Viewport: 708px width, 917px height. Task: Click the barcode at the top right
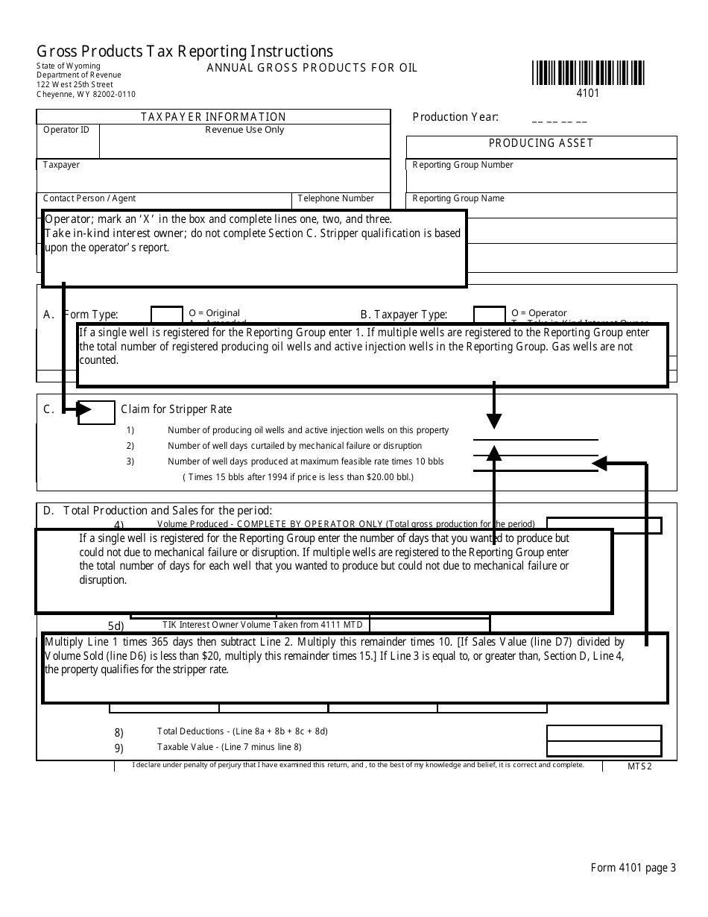coord(588,73)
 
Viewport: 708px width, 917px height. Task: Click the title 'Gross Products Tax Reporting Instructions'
coord(185,51)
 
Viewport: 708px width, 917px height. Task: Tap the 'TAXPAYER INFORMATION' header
coord(213,117)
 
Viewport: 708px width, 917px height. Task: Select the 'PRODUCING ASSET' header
coord(541,143)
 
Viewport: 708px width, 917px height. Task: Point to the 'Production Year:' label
coord(455,117)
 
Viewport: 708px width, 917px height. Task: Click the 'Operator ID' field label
coord(66,130)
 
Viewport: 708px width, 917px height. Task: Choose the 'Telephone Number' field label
coord(336,198)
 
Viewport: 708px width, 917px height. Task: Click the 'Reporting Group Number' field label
coord(463,165)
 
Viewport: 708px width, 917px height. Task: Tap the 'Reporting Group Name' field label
coord(458,198)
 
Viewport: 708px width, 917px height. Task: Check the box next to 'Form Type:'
coord(167,314)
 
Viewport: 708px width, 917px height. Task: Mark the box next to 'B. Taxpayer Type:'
coord(490,314)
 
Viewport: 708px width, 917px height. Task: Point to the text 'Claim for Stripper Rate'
coord(177,409)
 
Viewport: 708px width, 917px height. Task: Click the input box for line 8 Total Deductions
coord(604,732)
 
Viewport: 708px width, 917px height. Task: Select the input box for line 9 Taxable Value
coord(604,749)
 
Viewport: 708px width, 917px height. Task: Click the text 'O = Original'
coord(215,313)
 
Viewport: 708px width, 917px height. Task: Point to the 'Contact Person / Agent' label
coord(89,198)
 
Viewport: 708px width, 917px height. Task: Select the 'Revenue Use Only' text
coord(244,130)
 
